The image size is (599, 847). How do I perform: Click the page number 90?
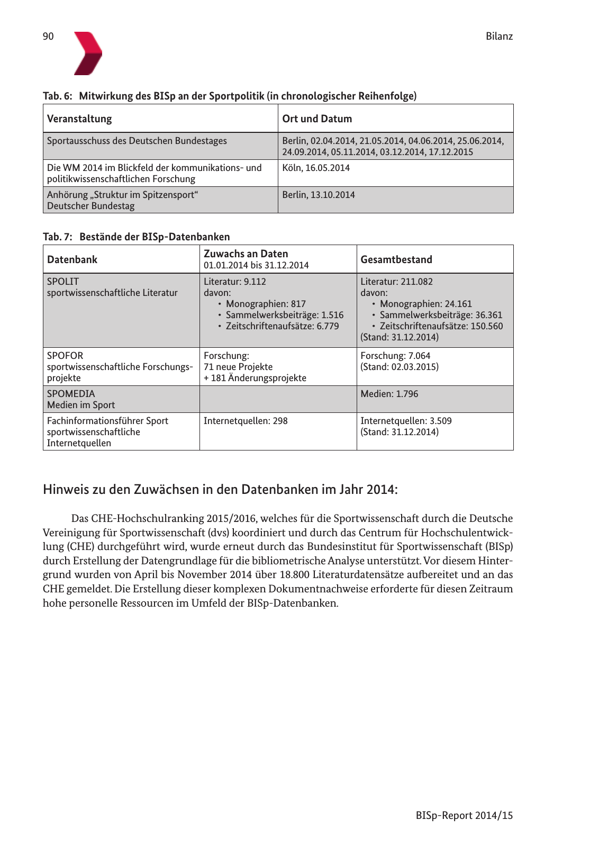pyautogui.click(x=48, y=37)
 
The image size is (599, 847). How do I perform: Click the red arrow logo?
pyautogui.click(x=87, y=53)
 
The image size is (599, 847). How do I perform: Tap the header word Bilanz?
pyautogui.click(x=499, y=37)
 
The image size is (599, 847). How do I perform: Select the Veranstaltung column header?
pyautogui.click(x=79, y=119)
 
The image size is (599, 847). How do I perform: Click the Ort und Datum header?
pyautogui.click(x=317, y=119)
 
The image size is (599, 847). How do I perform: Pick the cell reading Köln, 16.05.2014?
pyautogui.click(x=316, y=168)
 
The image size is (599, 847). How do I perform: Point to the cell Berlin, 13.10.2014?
pyautogui.click(x=319, y=195)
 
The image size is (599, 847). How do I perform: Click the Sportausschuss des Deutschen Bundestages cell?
pyautogui.click(x=137, y=141)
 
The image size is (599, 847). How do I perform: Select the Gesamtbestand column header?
pyautogui.click(x=396, y=259)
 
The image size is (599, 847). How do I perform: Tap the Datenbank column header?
pyautogui.click(x=72, y=259)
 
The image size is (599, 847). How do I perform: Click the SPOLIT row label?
pyautogui.click(x=63, y=282)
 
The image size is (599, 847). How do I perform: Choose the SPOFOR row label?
pyautogui.click(x=65, y=355)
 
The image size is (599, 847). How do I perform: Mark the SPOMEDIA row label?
pyautogui.click(x=71, y=393)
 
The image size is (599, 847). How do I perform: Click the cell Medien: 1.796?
pyautogui.click(x=389, y=393)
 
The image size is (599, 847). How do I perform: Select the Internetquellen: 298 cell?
pyautogui.click(x=246, y=421)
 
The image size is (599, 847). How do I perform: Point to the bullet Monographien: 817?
pyautogui.click(x=266, y=304)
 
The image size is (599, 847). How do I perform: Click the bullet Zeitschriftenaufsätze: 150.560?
pyautogui.click(x=441, y=326)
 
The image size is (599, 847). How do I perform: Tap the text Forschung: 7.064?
pyautogui.click(x=395, y=355)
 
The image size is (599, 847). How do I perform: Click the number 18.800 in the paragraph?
pyautogui.click(x=295, y=574)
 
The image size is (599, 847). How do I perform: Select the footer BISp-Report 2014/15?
pyautogui.click(x=464, y=815)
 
